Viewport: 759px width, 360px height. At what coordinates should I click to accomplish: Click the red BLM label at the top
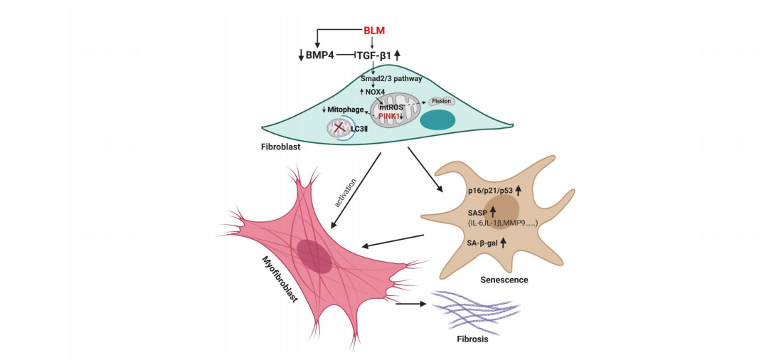click(373, 30)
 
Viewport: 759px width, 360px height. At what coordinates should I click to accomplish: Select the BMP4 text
click(320, 55)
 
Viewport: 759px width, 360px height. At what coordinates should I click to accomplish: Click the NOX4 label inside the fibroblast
click(375, 92)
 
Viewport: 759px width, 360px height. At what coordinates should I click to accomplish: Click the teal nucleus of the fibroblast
click(438, 121)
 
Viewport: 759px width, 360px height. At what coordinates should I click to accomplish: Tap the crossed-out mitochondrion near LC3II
click(338, 129)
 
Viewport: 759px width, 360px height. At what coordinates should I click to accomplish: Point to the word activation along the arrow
click(345, 194)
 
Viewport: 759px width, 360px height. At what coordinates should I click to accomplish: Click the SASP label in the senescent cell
click(478, 211)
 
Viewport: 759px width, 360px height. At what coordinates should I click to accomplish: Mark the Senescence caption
click(504, 280)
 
